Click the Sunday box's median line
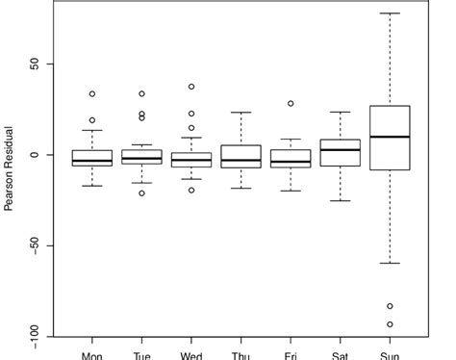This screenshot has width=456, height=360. (389, 137)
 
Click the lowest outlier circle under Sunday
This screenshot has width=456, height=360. (390, 323)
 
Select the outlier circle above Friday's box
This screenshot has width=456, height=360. (291, 103)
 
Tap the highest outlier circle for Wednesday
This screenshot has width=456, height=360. (191, 87)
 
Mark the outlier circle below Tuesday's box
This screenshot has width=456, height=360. (141, 193)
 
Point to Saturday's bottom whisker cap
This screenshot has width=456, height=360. (340, 200)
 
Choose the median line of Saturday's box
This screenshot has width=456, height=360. (340, 149)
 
